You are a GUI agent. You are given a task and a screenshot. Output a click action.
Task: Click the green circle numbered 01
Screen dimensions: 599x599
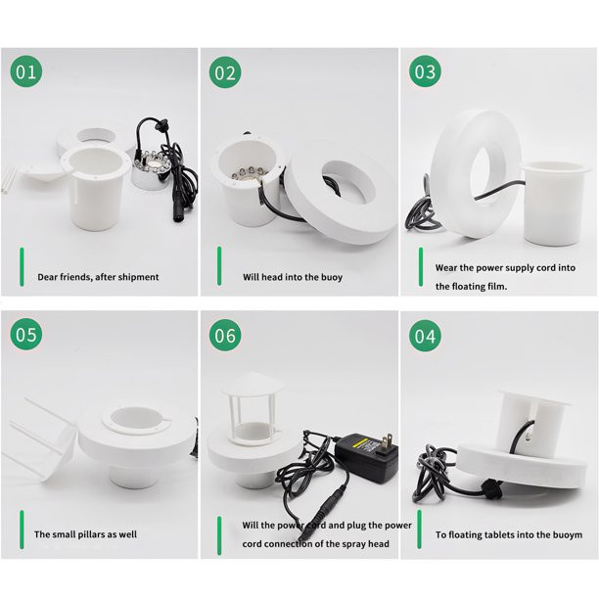coord(26,71)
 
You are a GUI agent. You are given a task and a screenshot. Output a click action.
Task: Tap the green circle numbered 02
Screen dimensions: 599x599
coord(225,72)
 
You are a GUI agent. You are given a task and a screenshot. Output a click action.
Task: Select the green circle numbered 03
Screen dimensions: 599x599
coord(425,71)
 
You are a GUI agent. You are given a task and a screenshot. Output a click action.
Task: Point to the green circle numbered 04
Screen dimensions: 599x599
coord(425,336)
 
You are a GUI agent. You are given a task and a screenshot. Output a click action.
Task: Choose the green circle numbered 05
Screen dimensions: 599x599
coord(26,334)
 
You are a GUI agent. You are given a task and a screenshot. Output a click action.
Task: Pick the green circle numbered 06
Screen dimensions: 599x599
coord(225,335)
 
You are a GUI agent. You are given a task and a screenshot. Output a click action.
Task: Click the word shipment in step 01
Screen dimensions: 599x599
coord(139,277)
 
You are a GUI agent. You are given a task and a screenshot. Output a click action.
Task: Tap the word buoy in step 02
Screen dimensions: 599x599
coord(332,278)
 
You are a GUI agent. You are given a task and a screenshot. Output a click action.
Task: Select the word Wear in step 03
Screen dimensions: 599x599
coord(445,268)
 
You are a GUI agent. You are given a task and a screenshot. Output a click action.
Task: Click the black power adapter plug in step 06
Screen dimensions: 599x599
coord(366,457)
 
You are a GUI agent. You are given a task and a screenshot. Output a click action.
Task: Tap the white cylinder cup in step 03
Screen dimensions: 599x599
coord(552,203)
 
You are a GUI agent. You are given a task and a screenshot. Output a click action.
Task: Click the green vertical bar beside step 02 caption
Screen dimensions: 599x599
coord(219,266)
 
